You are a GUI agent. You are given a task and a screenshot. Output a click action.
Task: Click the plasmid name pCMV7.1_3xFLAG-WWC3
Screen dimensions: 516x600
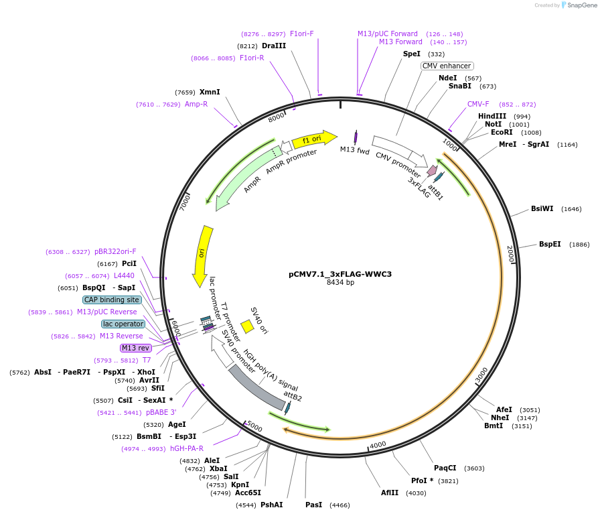[340, 273]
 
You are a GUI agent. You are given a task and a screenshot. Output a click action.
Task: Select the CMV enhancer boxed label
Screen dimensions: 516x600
[447, 66]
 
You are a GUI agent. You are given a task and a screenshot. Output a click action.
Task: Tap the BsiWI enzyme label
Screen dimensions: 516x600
[542, 208]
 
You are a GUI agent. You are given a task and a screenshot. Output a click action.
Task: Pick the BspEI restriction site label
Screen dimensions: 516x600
[550, 244]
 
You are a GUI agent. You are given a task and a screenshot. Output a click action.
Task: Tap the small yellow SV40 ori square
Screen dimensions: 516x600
[247, 326]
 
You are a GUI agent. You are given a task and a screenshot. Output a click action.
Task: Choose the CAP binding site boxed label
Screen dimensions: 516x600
[112, 300]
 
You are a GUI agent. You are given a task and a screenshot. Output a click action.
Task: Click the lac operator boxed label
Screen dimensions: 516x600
[123, 324]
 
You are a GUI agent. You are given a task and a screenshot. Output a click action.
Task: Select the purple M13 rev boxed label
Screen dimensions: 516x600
[136, 348]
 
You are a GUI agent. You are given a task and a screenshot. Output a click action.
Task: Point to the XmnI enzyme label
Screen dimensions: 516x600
[210, 92]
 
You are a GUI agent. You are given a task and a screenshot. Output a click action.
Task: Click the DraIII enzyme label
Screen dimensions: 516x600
[274, 46]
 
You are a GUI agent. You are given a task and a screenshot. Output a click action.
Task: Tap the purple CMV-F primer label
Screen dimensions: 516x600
[478, 104]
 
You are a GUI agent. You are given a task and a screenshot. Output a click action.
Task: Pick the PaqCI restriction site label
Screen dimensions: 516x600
[445, 468]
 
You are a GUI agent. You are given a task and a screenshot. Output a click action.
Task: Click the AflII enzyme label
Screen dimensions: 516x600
[390, 493]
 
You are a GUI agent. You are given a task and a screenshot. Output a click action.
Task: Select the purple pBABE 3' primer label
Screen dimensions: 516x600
[161, 412]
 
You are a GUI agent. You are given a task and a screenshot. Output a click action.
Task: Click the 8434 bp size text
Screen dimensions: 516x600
[340, 282]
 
